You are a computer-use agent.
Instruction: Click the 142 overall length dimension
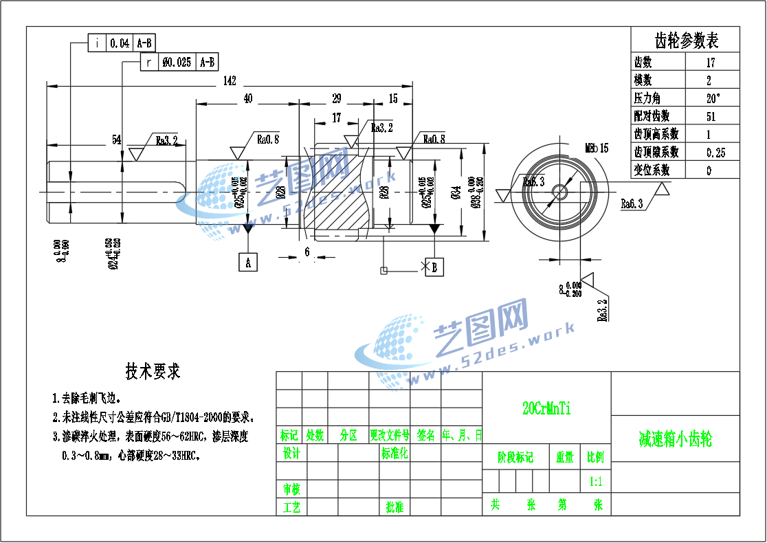[230, 81]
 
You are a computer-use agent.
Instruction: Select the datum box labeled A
[248, 262]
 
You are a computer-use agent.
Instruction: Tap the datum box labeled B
[434, 267]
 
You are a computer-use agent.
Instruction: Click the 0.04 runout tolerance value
[120, 43]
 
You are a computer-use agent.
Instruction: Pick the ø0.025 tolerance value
[177, 63]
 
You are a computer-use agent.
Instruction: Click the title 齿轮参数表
[685, 41]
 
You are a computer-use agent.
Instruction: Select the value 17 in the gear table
[711, 63]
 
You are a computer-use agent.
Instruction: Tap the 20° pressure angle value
[713, 98]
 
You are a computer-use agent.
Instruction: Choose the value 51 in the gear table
[711, 116]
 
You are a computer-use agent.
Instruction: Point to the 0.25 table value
[715, 152]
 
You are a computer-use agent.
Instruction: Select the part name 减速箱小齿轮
[676, 439]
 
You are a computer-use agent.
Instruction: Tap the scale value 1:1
[596, 481]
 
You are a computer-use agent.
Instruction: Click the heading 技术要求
[153, 372]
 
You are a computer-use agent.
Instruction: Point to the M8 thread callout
[597, 148]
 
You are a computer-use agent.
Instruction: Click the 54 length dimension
[117, 140]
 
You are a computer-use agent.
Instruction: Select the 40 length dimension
[248, 99]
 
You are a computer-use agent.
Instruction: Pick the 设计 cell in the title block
[291, 454]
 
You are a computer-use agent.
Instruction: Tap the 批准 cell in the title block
[394, 507]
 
